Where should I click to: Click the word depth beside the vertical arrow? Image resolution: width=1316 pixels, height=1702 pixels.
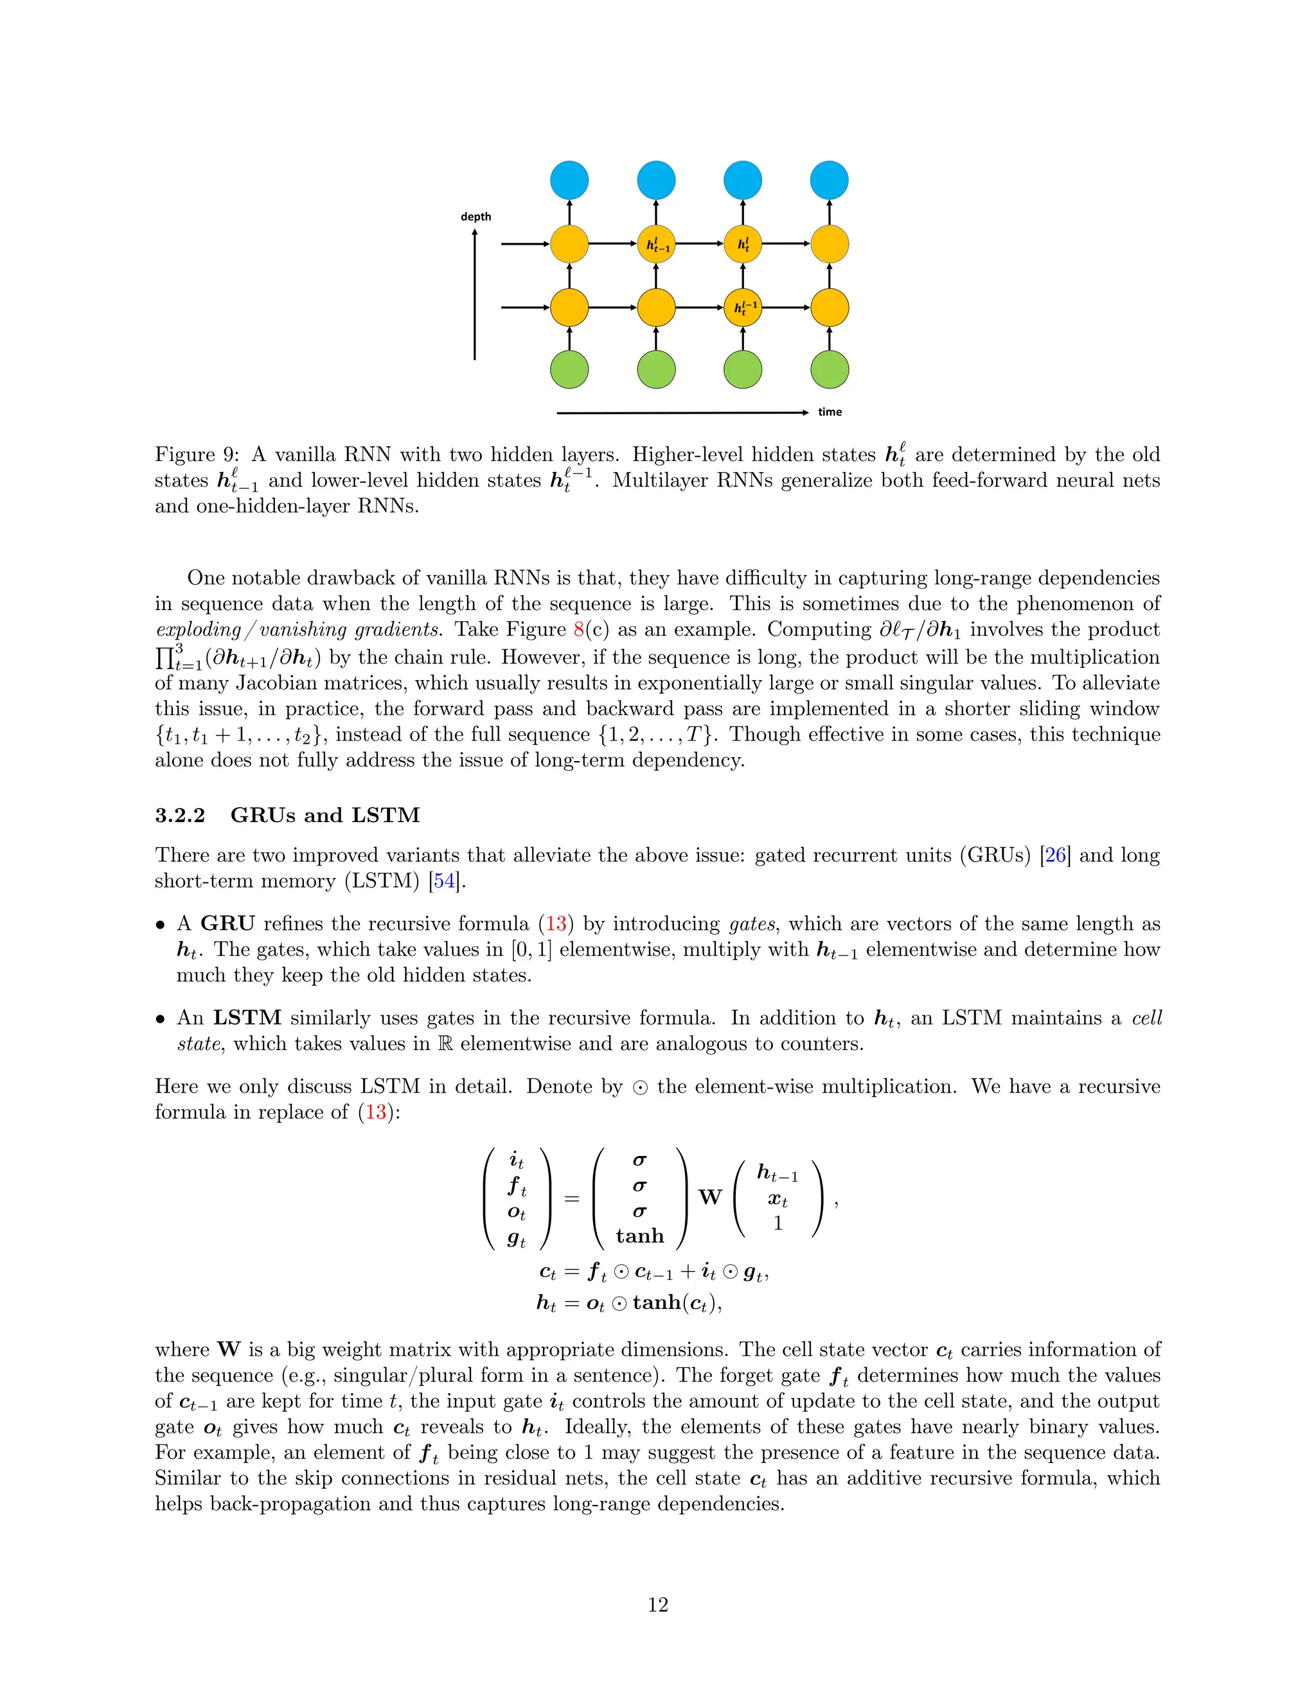476,216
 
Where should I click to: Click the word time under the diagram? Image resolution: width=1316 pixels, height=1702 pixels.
830,412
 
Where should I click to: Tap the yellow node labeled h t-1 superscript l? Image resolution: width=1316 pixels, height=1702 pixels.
657,245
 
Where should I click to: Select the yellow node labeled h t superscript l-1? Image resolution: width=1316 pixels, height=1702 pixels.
743,308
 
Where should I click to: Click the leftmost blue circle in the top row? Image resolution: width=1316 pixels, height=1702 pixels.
569,180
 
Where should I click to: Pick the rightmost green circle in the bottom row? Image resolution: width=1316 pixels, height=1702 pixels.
830,369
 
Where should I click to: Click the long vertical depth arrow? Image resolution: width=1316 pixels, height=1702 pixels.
475,296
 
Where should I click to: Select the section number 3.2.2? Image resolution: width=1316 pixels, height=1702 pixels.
180,815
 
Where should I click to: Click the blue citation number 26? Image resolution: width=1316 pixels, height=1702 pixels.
1056,855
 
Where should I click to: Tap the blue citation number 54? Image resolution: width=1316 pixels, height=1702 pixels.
445,881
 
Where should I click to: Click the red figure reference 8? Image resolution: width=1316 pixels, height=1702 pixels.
578,629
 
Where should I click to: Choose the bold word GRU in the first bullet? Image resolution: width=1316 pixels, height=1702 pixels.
227,924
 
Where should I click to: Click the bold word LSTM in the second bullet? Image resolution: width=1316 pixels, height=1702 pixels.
247,1018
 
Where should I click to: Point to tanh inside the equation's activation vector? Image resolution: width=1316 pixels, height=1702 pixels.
639,1236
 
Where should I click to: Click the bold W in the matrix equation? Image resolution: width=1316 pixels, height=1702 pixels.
709,1197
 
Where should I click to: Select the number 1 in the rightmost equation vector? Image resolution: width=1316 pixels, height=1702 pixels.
778,1224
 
